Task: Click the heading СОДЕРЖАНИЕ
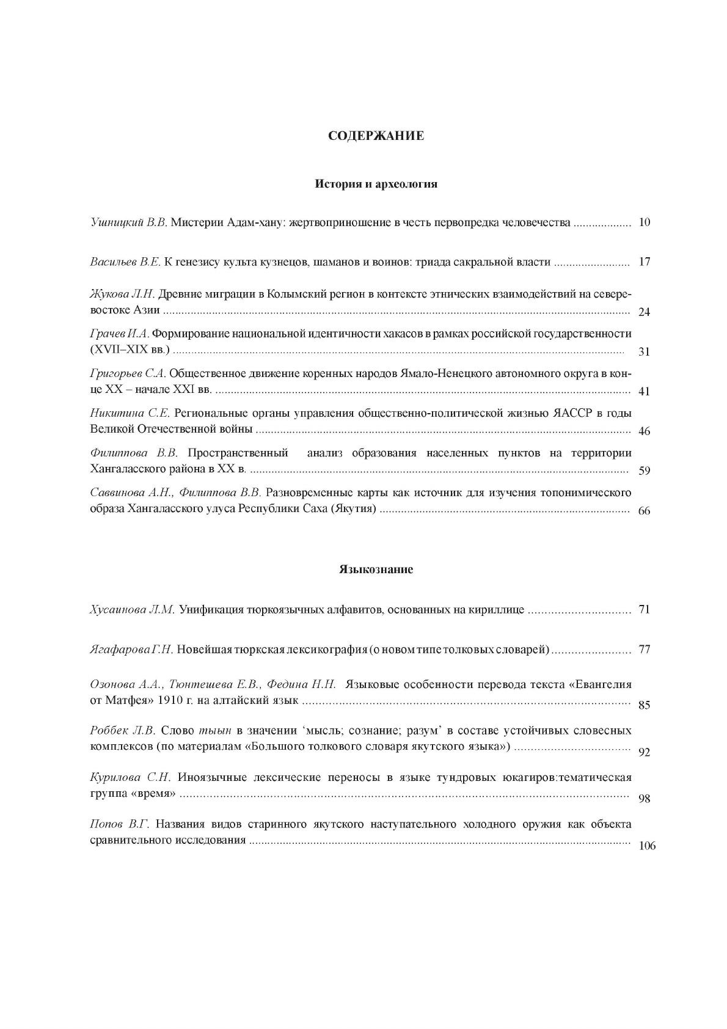coord(376,136)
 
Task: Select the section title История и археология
coord(376,183)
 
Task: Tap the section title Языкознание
coord(376,569)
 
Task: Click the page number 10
coord(644,222)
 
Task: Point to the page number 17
coord(644,262)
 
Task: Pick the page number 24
coord(644,312)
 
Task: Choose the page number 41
coord(644,392)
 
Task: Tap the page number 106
coord(646,846)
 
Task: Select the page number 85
coord(644,705)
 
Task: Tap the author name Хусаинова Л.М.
coord(133,610)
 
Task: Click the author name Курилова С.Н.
coord(130,777)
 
